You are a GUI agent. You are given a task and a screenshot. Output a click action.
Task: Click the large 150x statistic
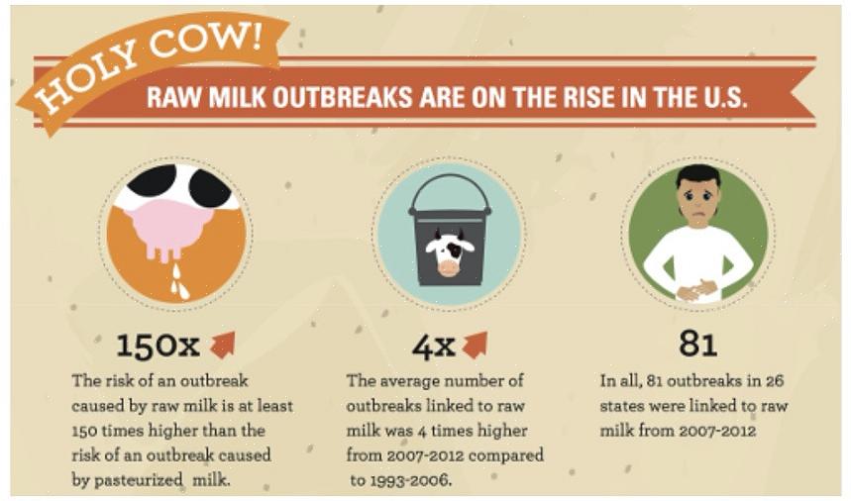158,346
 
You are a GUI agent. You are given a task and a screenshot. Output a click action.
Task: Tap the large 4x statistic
433,346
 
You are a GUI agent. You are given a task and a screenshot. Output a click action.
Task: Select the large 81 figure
698,344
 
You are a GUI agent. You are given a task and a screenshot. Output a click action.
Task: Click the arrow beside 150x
223,345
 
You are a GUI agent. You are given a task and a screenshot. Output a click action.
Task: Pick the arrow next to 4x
476,346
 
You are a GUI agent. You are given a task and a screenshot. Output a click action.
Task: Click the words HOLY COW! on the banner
148,65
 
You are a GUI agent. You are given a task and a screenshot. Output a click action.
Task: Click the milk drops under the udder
178,282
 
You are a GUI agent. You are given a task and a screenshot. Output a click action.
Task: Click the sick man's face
698,198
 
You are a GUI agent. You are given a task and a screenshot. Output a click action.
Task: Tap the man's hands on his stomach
697,288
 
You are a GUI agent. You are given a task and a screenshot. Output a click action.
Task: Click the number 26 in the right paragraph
775,380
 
